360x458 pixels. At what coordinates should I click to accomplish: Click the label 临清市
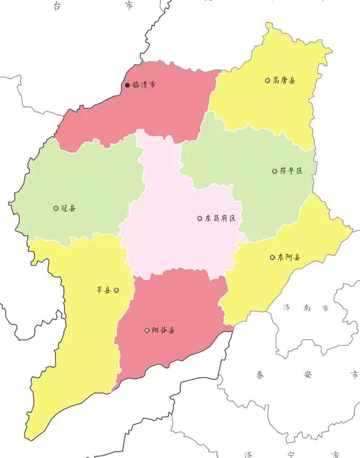click(x=144, y=85)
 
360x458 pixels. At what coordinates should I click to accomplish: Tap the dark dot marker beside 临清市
click(x=127, y=85)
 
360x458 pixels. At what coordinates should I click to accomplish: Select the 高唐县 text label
click(x=284, y=80)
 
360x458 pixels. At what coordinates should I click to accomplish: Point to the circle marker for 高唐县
click(x=267, y=80)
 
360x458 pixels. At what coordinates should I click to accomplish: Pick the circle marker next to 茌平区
click(x=275, y=171)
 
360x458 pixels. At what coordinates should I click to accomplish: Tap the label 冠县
click(x=68, y=208)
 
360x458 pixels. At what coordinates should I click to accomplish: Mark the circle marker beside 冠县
click(x=55, y=208)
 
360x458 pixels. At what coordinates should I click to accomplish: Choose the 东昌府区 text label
click(x=220, y=218)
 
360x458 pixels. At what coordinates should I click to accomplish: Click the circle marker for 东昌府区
click(x=199, y=218)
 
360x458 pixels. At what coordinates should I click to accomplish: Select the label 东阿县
click(x=289, y=257)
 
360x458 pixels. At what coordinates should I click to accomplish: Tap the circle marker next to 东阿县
click(x=272, y=257)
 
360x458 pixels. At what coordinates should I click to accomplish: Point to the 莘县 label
click(x=103, y=291)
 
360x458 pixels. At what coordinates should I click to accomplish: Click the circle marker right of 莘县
click(x=116, y=291)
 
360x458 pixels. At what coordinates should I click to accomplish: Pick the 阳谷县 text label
click(x=163, y=330)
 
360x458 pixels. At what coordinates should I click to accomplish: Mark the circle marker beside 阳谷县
click(x=147, y=330)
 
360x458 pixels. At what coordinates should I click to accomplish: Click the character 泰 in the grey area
click(x=259, y=374)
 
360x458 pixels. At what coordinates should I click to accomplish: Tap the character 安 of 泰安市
click(x=307, y=374)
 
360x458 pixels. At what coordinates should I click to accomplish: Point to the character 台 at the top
click(x=57, y=5)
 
